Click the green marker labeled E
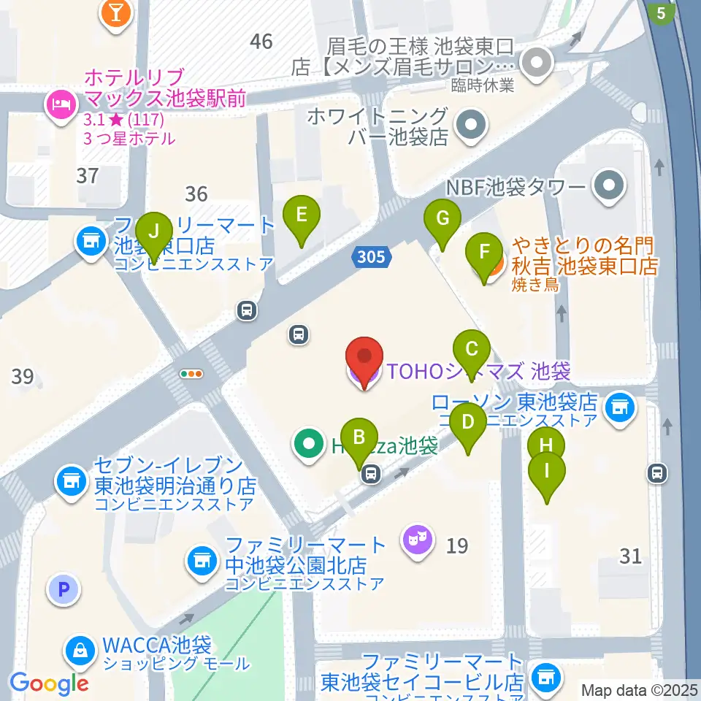[301, 215]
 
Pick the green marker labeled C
[472, 348]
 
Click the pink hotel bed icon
[59, 104]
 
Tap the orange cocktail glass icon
[115, 13]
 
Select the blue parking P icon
[64, 589]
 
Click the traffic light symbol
[191, 374]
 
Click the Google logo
[49, 683]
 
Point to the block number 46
[261, 42]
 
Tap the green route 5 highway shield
[662, 12]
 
